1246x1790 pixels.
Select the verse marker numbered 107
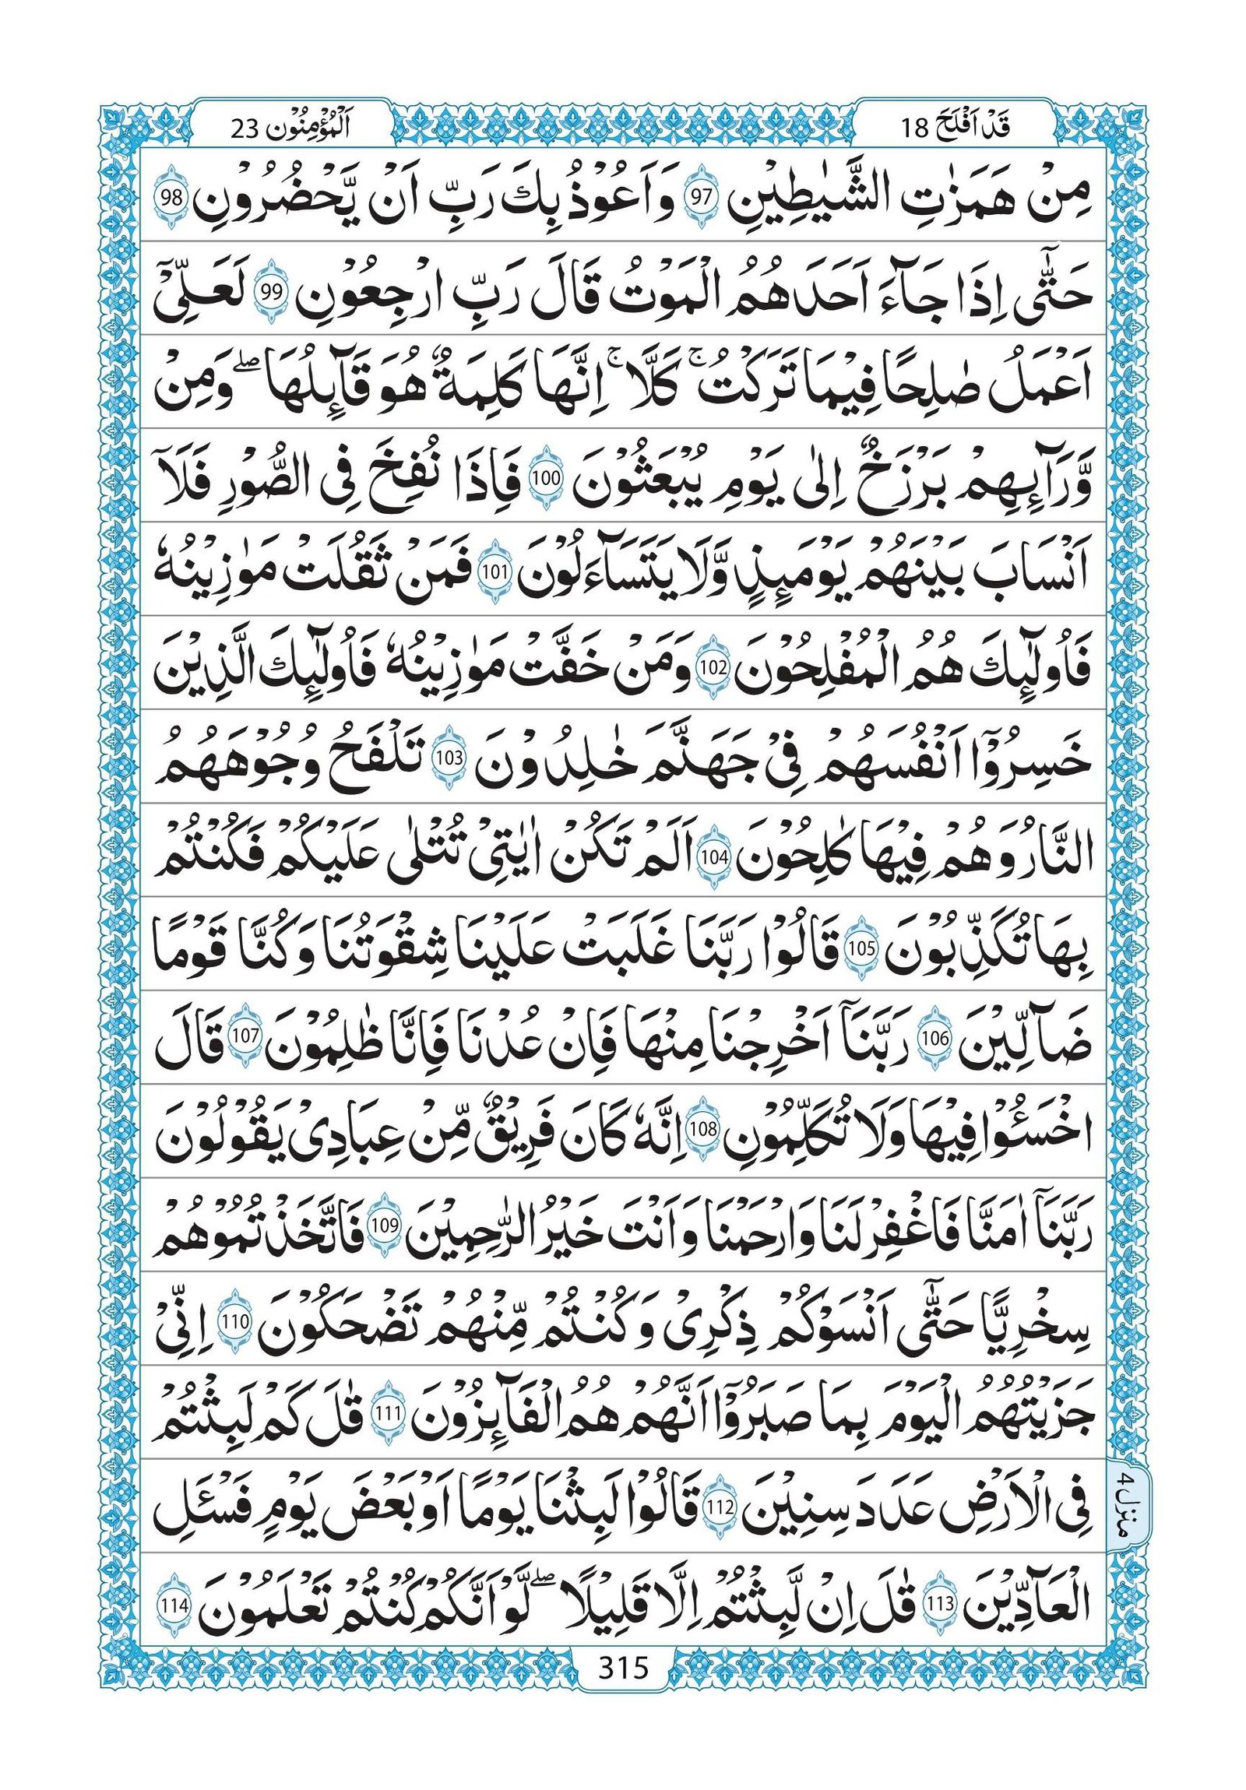tap(246, 1037)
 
